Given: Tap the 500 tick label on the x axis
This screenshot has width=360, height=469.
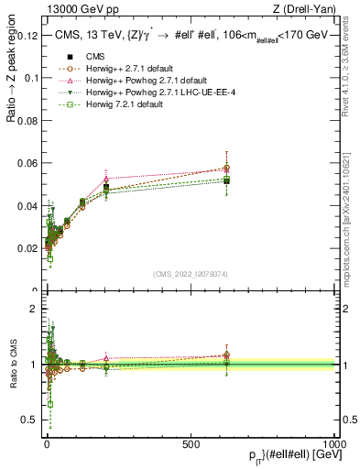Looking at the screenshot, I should pyautogui.click(x=191, y=443).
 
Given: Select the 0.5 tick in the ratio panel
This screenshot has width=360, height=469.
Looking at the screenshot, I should pyautogui.click(x=29, y=420).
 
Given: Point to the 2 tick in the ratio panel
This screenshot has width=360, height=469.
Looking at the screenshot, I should pyautogui.click(x=34, y=309).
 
